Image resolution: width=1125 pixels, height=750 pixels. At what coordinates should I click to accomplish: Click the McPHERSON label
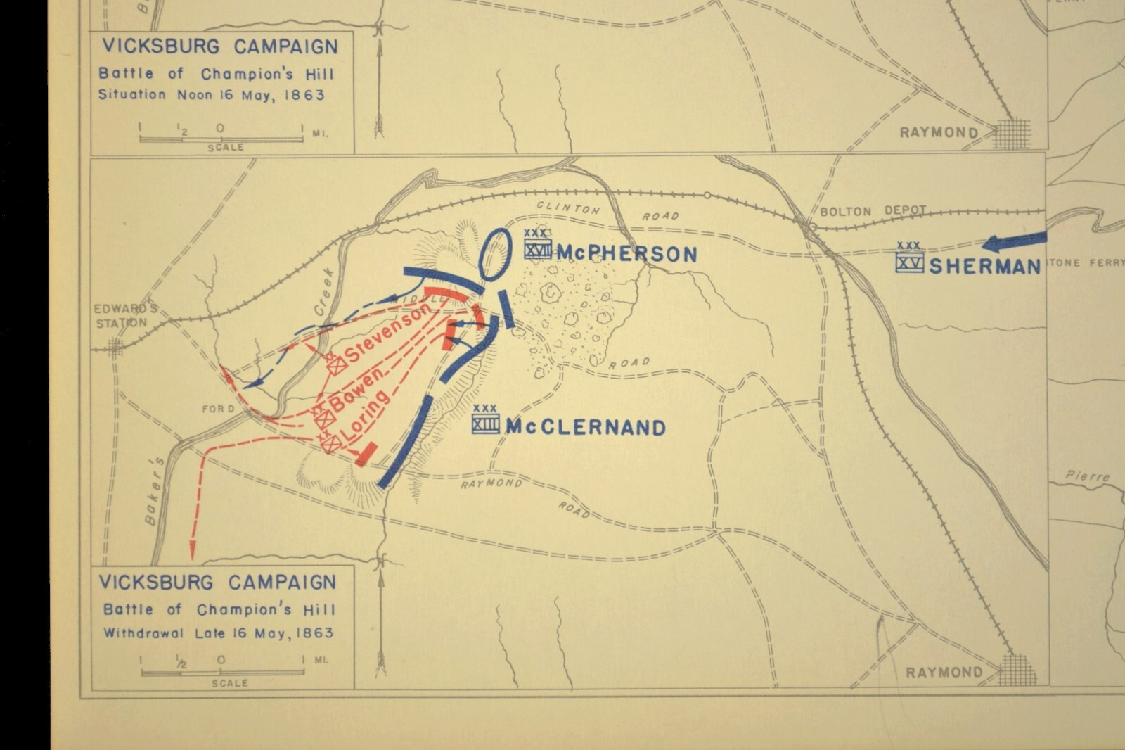tap(627, 254)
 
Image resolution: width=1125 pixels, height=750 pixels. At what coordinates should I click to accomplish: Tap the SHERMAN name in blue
tap(984, 266)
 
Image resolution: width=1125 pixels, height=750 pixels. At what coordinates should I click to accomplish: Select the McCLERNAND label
tap(585, 427)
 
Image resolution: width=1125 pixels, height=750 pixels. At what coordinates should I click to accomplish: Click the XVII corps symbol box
tap(537, 249)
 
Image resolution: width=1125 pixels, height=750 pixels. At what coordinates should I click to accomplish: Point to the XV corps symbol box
tap(909, 262)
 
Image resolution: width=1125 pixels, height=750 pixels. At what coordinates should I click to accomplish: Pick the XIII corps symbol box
tap(485, 424)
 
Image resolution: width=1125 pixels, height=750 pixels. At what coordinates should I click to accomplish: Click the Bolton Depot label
tap(873, 211)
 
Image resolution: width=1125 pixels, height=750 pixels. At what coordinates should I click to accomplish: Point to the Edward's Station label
tap(121, 316)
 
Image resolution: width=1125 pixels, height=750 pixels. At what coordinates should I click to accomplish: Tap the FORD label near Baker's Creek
tap(218, 409)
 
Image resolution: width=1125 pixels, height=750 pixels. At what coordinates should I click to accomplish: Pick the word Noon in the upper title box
tap(194, 94)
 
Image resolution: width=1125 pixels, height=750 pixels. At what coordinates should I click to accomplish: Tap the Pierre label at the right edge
tap(1087, 476)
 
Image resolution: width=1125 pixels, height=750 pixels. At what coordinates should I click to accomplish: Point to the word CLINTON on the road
tap(568, 208)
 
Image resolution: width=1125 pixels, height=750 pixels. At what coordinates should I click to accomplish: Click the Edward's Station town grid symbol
tap(115, 347)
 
